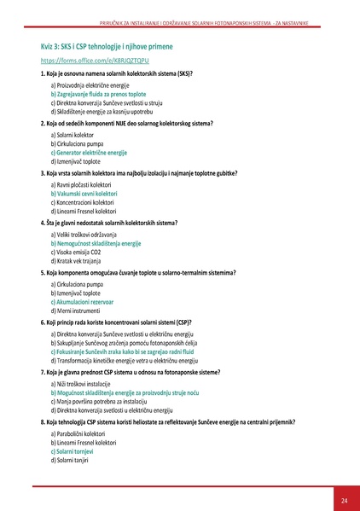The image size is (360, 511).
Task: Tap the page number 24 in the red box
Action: tap(344, 498)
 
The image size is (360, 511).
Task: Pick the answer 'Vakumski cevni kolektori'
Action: tap(84, 194)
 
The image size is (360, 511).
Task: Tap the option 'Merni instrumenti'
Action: tap(74, 310)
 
